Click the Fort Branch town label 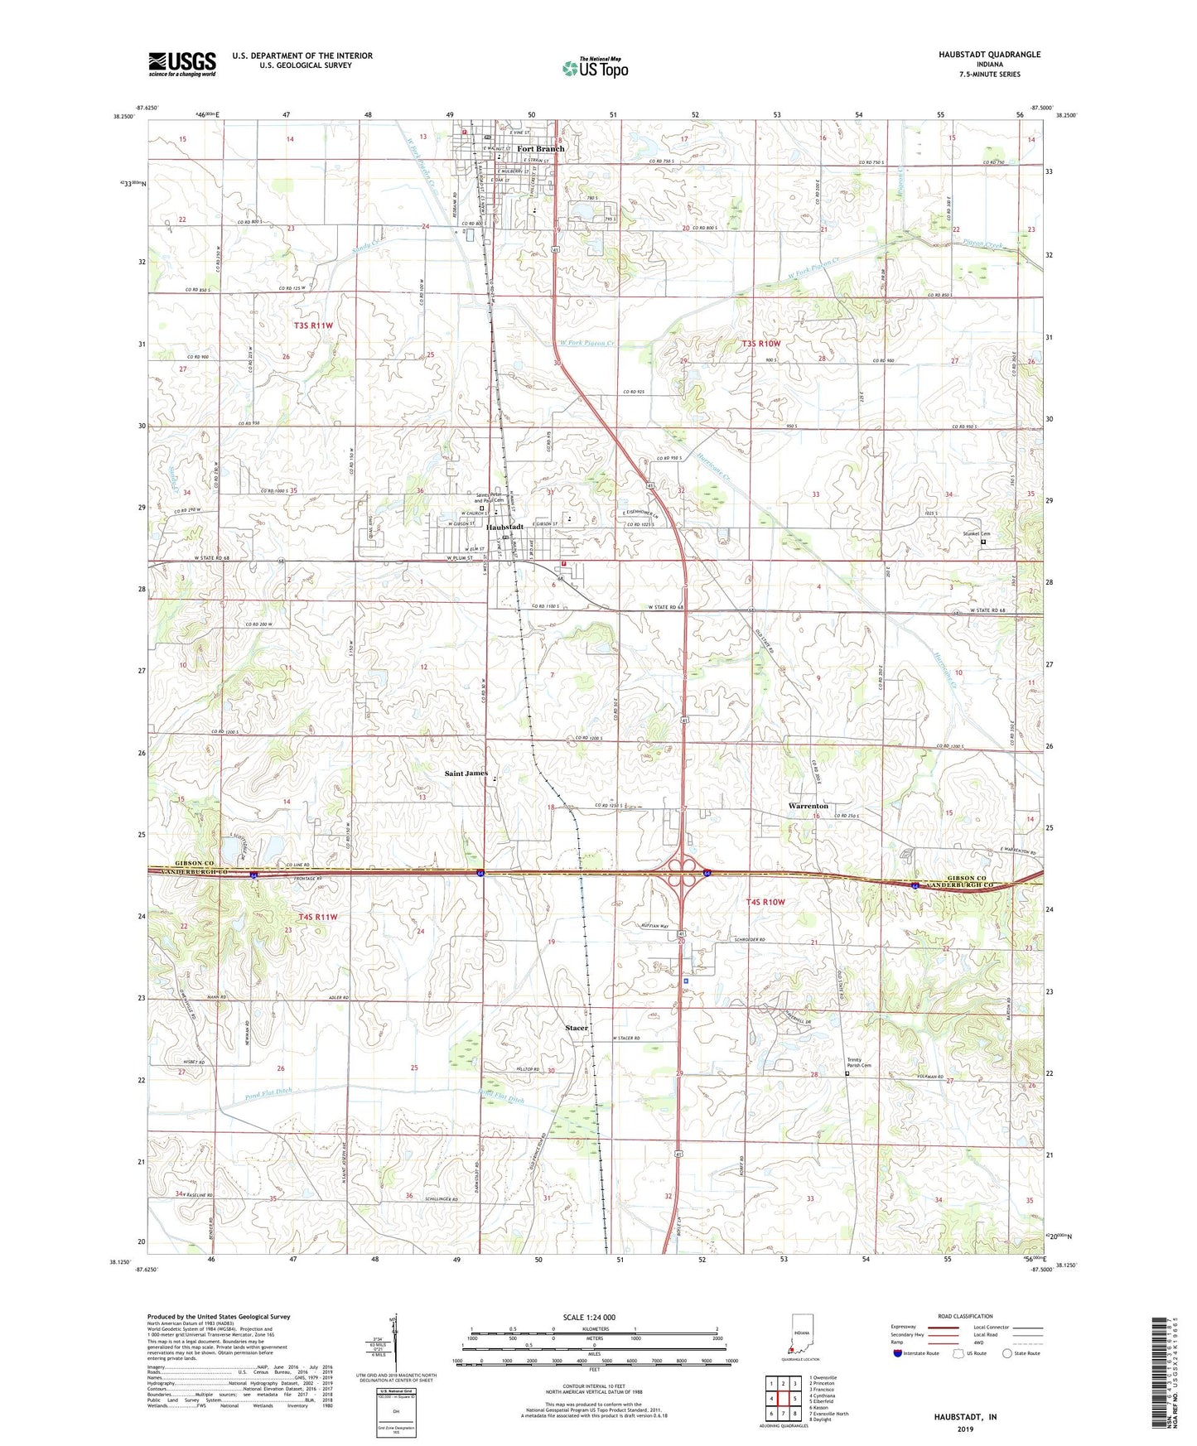540,149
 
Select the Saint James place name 466,774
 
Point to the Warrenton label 808,806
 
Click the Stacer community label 577,1028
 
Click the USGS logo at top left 182,64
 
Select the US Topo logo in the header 595,68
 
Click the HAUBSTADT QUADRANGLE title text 989,55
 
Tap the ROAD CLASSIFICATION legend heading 966,1316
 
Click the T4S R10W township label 765,902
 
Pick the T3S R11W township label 313,326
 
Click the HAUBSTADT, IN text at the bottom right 965,1417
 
